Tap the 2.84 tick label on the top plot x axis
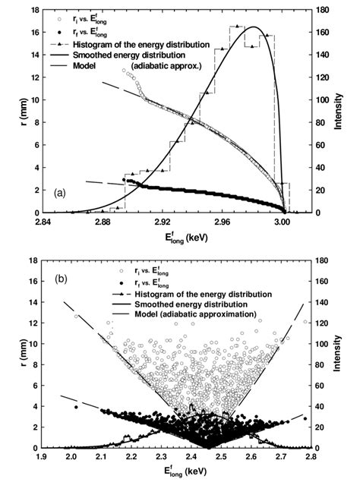42,222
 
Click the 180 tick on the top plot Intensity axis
324,11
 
